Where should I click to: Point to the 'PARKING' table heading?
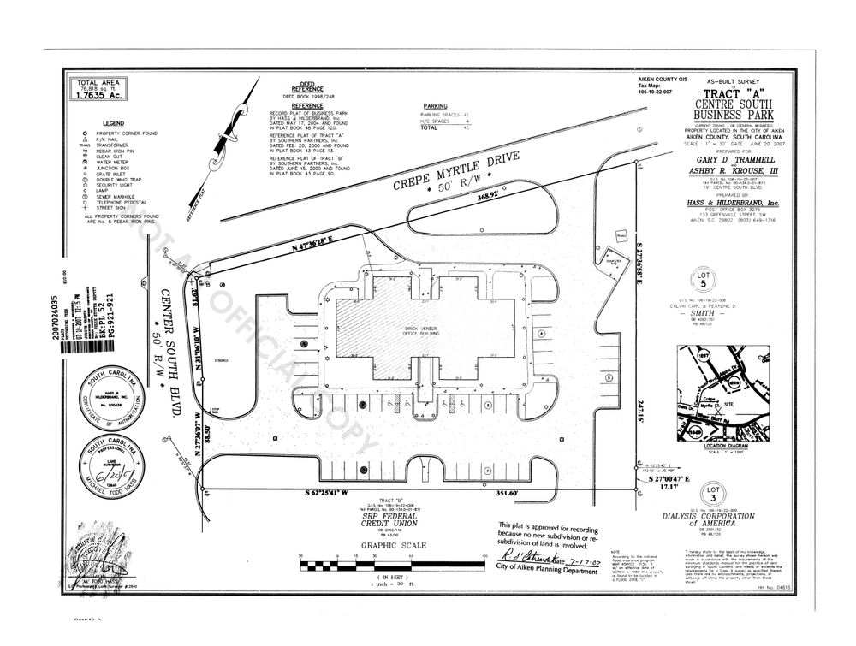[x=436, y=106]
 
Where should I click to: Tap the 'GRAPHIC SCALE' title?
[x=389, y=546]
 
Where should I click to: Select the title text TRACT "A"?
[x=729, y=94]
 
